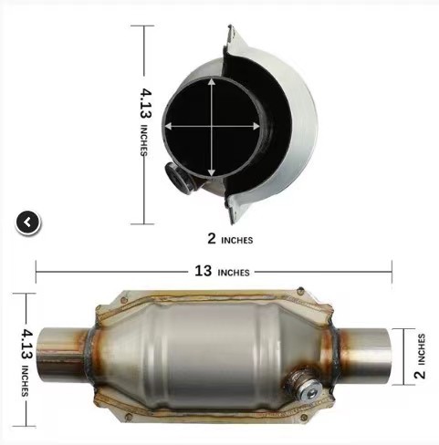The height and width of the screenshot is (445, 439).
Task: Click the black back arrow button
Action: click(27, 222)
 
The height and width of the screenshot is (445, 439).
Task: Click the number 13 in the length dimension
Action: click(203, 271)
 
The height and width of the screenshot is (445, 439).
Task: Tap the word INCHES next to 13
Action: click(234, 273)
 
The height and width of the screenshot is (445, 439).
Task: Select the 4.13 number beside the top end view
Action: click(146, 103)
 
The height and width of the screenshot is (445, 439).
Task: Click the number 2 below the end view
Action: click(212, 238)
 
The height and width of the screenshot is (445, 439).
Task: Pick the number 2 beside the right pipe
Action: click(420, 374)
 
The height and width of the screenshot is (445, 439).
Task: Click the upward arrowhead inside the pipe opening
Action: click(212, 81)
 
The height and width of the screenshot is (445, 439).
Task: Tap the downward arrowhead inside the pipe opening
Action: click(212, 172)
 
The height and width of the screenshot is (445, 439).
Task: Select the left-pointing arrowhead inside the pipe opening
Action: click(168, 126)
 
